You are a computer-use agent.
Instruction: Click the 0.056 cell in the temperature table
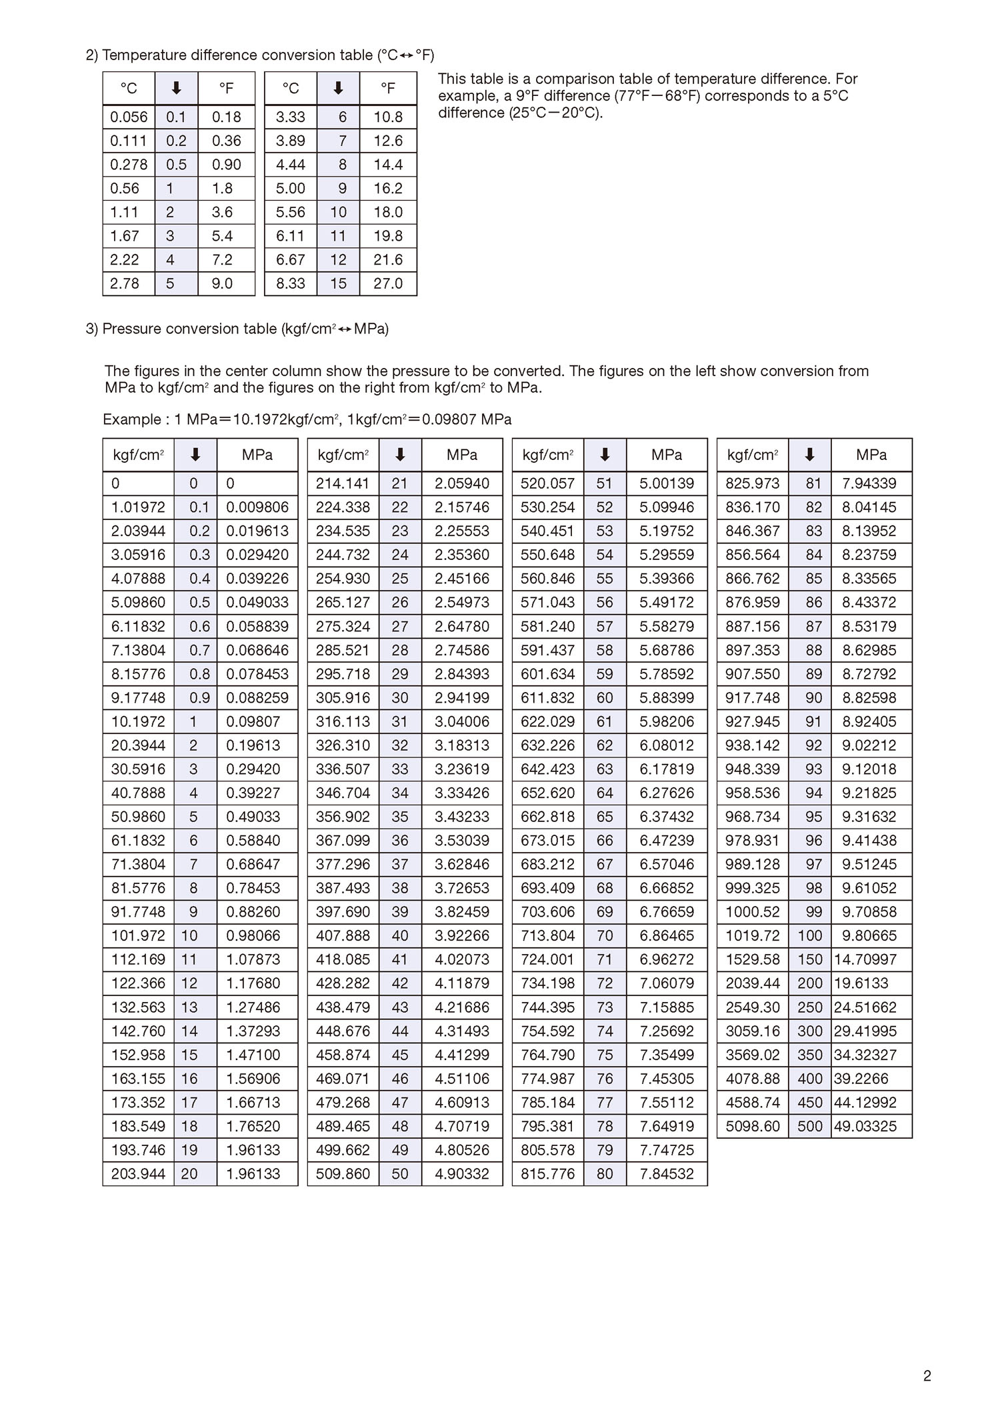(x=129, y=117)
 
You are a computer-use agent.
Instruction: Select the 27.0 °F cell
(x=388, y=283)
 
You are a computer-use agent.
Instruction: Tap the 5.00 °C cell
(x=291, y=188)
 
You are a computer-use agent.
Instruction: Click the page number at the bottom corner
(x=927, y=1375)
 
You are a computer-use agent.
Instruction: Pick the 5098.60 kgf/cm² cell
(x=753, y=1126)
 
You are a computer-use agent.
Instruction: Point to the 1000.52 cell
(x=753, y=911)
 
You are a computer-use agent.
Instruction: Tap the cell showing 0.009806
(x=257, y=507)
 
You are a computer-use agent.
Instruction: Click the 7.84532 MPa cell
(x=667, y=1173)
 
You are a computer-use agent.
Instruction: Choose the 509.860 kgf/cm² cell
(x=343, y=1173)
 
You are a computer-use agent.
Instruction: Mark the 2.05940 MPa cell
(x=462, y=483)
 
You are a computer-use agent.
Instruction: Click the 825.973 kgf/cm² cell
(x=753, y=483)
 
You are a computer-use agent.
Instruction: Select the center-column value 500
(x=810, y=1126)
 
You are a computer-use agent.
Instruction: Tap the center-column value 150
(x=810, y=959)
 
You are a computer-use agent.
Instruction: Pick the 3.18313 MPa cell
(x=462, y=745)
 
